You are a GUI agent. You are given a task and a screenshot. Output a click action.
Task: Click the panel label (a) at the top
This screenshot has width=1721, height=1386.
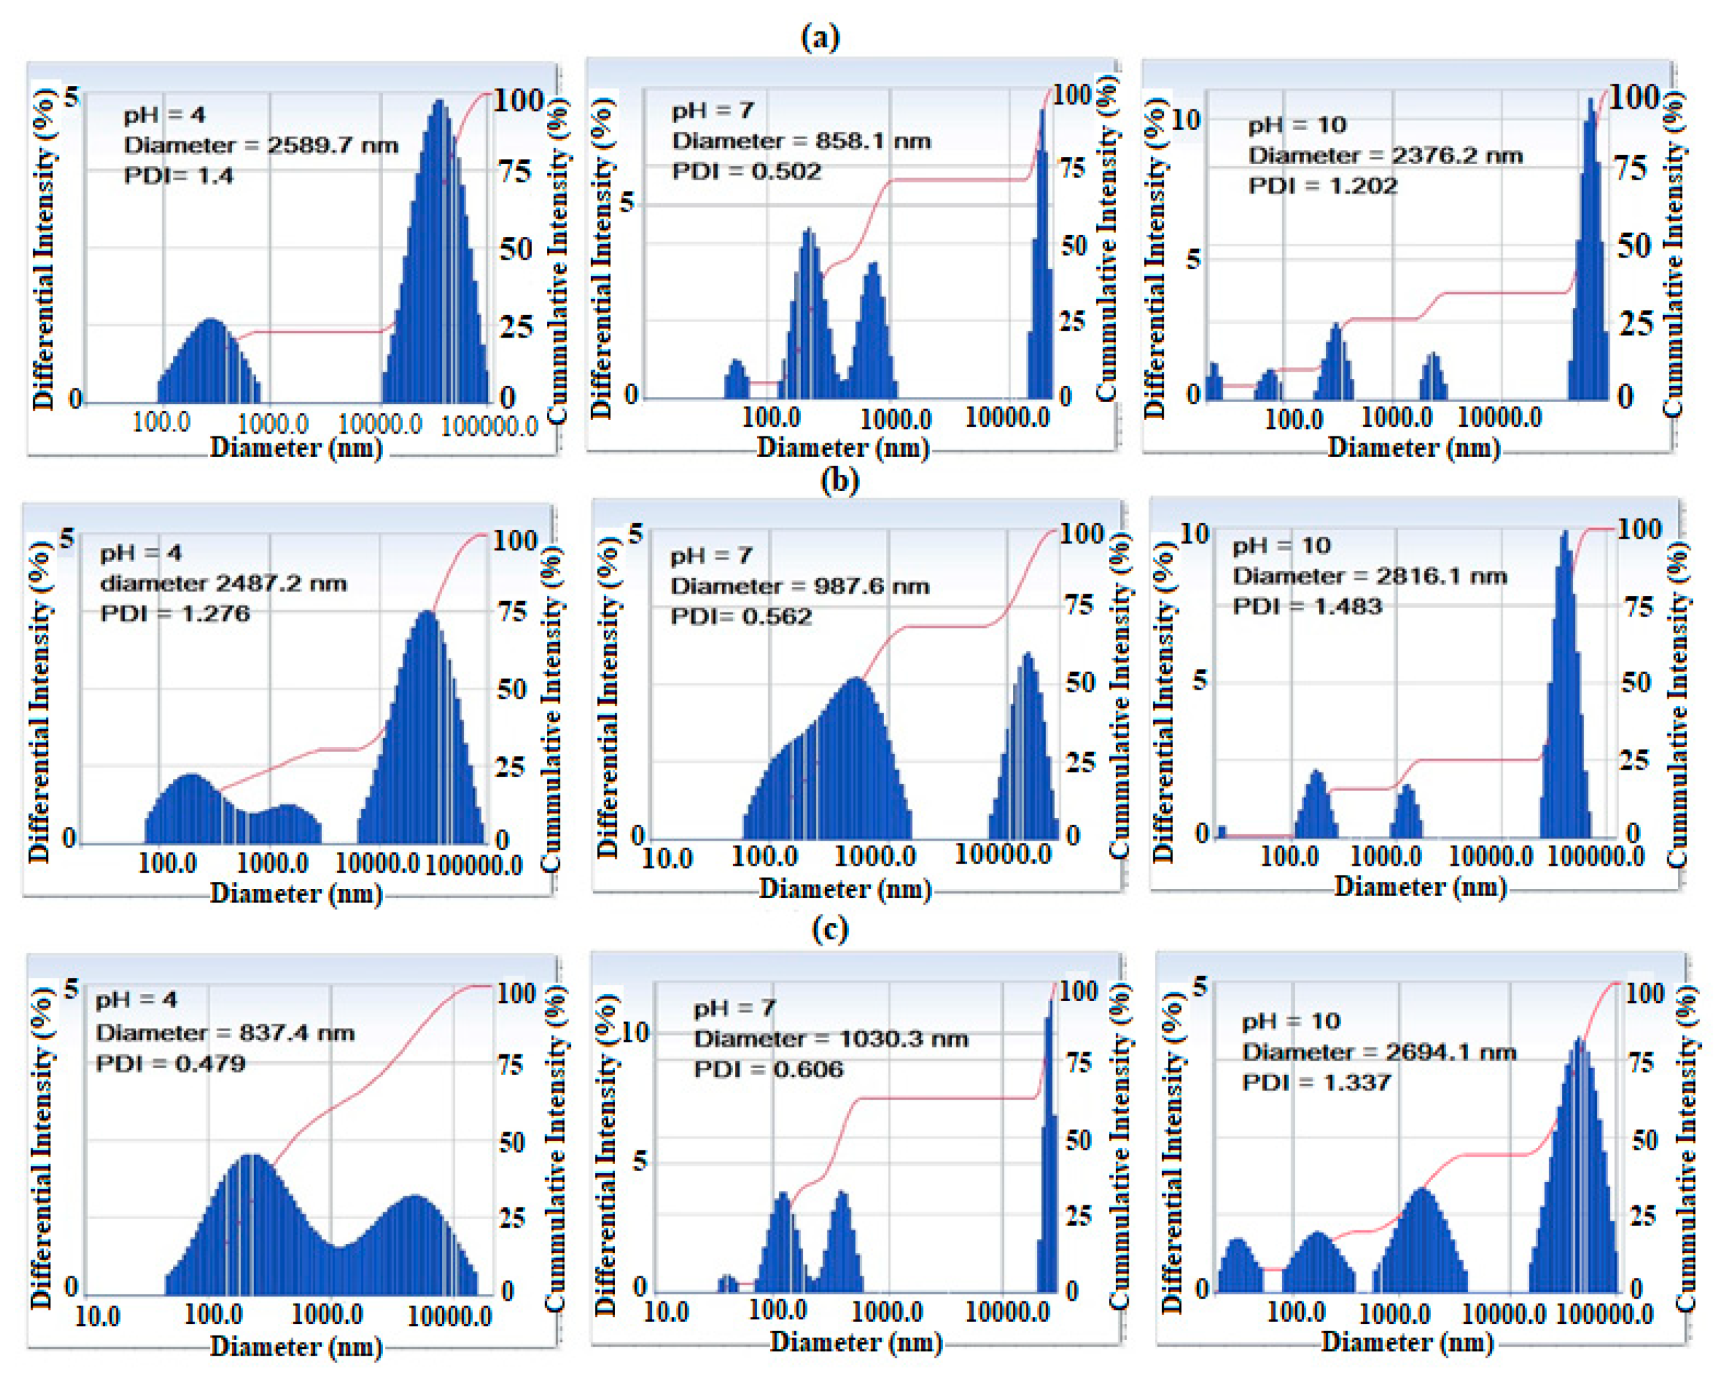tap(820, 37)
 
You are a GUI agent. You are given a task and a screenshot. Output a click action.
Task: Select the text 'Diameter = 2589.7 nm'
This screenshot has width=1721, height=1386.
tap(261, 146)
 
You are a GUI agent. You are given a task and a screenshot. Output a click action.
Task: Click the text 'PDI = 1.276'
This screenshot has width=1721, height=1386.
tap(175, 613)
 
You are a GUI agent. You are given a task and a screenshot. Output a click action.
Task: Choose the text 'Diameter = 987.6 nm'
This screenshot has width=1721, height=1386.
tap(799, 586)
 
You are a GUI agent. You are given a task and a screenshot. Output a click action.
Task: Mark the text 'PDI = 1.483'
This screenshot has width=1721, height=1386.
tap(1307, 606)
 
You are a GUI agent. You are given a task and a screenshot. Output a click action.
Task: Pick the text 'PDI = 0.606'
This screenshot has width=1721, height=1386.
tap(768, 1069)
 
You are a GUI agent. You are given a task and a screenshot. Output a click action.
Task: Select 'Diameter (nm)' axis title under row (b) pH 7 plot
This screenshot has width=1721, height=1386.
tap(845, 888)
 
